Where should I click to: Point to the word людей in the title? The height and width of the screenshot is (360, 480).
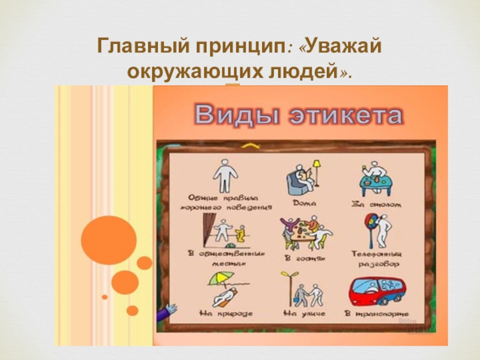[304, 71]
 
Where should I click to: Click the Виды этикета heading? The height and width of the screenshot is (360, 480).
[297, 115]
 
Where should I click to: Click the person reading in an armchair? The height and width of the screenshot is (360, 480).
[302, 179]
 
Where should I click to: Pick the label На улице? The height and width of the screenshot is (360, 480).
[303, 313]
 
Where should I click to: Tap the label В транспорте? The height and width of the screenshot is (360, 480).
[377, 313]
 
